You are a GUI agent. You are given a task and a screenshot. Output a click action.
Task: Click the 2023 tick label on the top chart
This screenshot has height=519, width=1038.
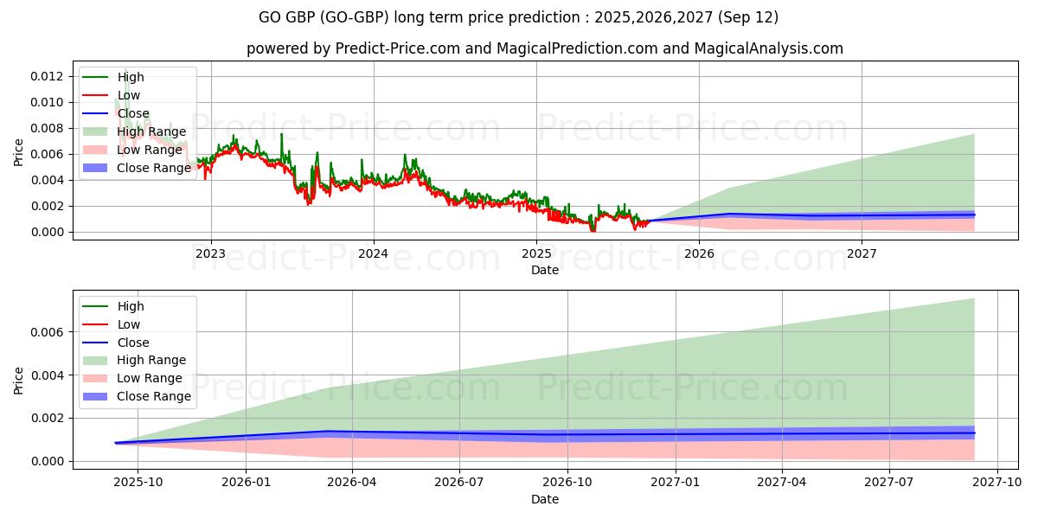[x=210, y=253]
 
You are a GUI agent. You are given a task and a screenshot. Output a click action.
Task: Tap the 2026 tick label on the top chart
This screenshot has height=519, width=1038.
[x=699, y=253]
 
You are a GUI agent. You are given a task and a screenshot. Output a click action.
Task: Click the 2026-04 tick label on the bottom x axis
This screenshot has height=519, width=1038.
[x=353, y=483]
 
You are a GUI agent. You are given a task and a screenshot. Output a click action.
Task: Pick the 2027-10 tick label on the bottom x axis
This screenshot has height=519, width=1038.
[x=997, y=483]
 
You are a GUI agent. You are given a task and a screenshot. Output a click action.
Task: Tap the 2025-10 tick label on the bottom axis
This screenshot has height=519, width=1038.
[x=138, y=483]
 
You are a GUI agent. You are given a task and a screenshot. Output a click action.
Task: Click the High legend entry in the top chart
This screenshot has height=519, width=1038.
[x=131, y=78]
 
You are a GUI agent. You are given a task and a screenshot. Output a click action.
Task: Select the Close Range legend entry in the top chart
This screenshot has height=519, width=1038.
[x=154, y=168]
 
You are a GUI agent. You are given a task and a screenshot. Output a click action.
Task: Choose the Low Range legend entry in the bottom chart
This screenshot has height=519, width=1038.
[x=150, y=378]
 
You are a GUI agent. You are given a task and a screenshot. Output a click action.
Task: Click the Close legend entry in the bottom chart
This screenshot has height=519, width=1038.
[x=133, y=343]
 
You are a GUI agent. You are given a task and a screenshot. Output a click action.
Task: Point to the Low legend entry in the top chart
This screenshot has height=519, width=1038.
[x=129, y=96]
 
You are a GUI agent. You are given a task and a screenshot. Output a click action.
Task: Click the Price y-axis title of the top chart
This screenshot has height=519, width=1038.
[x=19, y=151]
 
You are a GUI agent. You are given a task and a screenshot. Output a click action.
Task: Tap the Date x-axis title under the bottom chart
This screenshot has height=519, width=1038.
[x=545, y=499]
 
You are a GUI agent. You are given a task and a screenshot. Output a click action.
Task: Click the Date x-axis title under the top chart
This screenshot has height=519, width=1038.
[x=545, y=270]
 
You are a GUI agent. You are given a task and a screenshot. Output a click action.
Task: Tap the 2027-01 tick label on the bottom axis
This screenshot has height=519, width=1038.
[x=675, y=483]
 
